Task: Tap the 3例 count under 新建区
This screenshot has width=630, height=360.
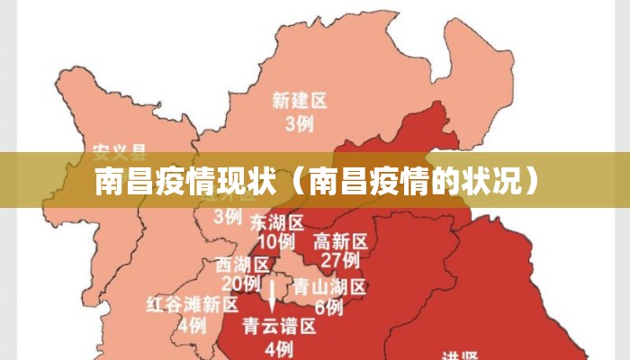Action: coord(300,124)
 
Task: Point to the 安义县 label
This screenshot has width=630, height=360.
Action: coord(120,149)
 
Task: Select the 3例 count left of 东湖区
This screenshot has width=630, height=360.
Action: coord(228,216)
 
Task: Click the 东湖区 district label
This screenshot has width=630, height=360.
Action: coord(276,221)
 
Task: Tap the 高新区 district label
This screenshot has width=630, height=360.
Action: coord(340,241)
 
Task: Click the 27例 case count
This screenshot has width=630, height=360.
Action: coord(340,261)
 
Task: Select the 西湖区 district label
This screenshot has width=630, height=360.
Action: coord(243,265)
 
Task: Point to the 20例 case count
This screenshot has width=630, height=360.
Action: coord(240,283)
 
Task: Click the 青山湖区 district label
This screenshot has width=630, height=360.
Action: coord(329,287)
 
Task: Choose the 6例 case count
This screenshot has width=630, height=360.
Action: coord(329,308)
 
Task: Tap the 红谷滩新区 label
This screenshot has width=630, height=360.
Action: coord(192,304)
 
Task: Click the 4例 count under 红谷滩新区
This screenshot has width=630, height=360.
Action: coord(192,325)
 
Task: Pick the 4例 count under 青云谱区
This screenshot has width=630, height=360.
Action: coord(279,347)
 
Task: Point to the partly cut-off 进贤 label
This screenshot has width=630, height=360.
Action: coord(462,355)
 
